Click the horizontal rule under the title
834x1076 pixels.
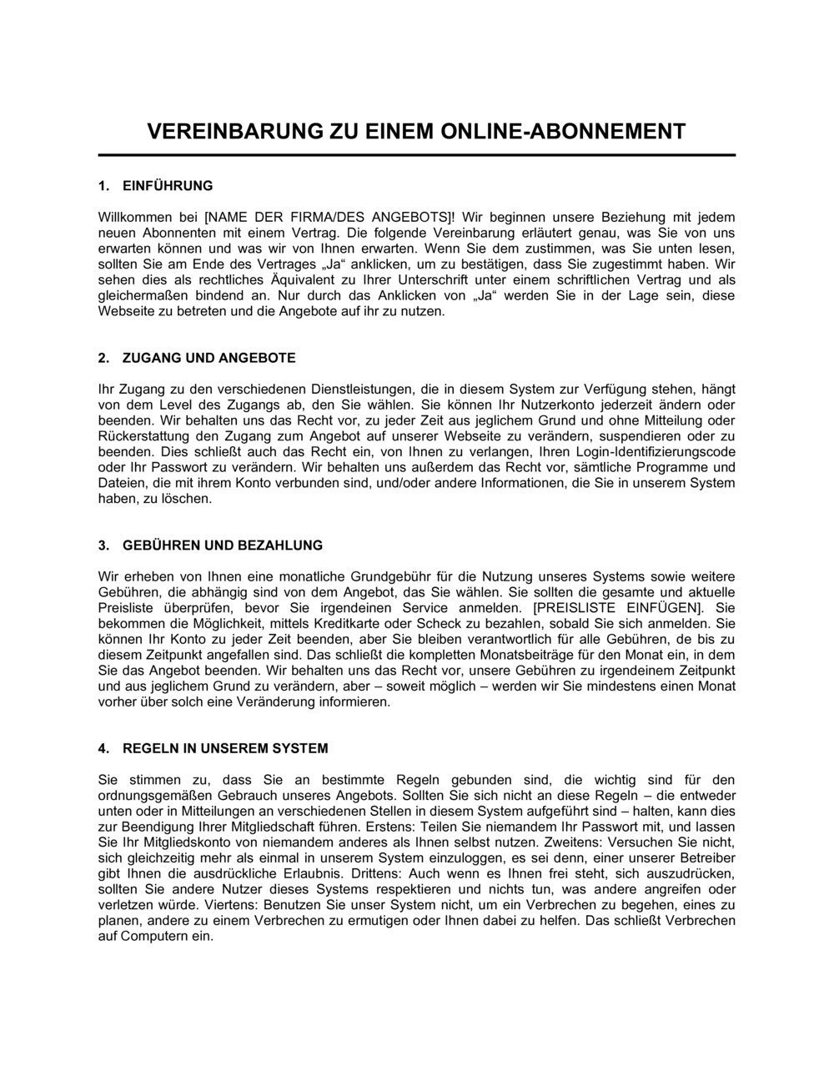[417, 155]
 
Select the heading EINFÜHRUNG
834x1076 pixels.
[168, 185]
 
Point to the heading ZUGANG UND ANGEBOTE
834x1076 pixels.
[208, 358]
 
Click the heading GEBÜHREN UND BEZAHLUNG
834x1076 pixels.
[222, 546]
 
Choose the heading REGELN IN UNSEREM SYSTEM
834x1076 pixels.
[225, 748]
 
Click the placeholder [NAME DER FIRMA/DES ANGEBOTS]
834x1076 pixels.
[326, 216]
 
